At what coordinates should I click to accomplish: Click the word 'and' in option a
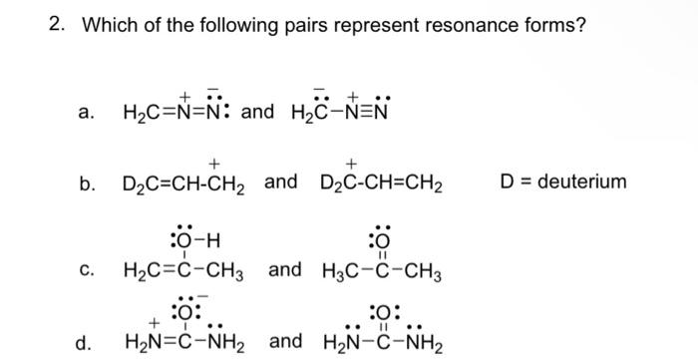pyautogui.click(x=257, y=111)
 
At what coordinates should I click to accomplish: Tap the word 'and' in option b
pyautogui.click(x=282, y=182)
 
